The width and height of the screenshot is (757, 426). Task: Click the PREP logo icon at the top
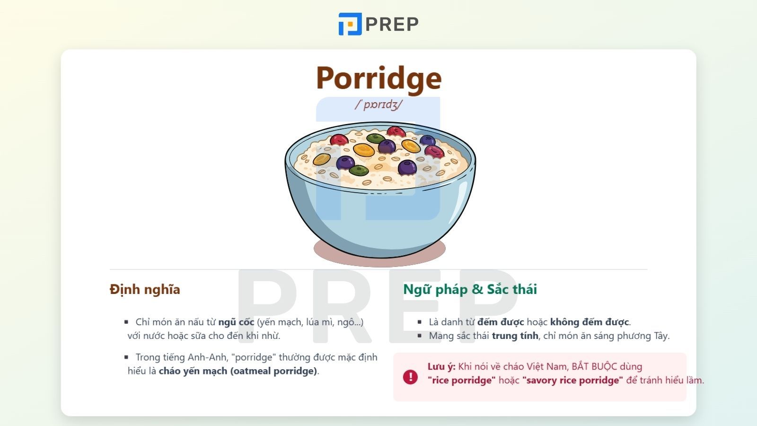coord(350,24)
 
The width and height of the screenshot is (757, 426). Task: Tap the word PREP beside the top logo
coord(392,24)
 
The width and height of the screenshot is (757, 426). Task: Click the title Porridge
coord(378,78)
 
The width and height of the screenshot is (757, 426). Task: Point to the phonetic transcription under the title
coord(378,105)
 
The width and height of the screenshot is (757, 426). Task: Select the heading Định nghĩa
coord(145,289)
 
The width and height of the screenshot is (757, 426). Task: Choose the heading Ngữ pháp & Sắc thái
coord(470,289)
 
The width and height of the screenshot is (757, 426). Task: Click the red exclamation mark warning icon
coord(410,377)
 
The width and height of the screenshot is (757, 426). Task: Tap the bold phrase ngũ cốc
coord(236,322)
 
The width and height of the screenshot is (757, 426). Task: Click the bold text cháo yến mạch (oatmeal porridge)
coord(238,371)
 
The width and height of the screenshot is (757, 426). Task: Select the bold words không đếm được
coord(589,322)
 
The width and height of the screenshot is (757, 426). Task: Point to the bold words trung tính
coord(515,336)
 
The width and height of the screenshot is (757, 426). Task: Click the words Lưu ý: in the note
coord(441,366)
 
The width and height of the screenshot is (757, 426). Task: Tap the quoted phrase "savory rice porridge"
coord(572,380)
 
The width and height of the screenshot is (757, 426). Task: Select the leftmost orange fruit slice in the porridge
coord(322,159)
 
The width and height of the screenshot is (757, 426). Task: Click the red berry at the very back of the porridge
coord(396,131)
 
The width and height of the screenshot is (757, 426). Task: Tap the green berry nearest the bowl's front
coord(359,170)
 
